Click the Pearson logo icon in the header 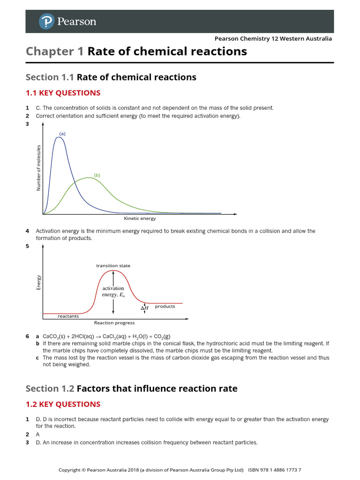click(x=45, y=21)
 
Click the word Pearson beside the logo click(x=76, y=22)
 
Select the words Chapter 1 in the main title click(x=55, y=51)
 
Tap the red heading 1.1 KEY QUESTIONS click(x=63, y=93)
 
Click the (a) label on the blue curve click(x=62, y=134)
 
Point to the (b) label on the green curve click(x=97, y=175)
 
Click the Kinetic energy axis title click(x=140, y=218)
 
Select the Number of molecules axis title click(x=39, y=168)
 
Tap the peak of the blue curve click(x=59, y=137)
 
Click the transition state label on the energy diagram click(x=113, y=266)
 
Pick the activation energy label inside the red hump click(x=113, y=292)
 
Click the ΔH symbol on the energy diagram click(x=145, y=308)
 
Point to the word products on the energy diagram click(x=165, y=307)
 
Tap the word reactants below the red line click(x=68, y=316)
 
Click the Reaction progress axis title click(x=114, y=323)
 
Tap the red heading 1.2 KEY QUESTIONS click(x=63, y=404)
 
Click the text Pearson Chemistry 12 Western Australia click(x=273, y=38)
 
